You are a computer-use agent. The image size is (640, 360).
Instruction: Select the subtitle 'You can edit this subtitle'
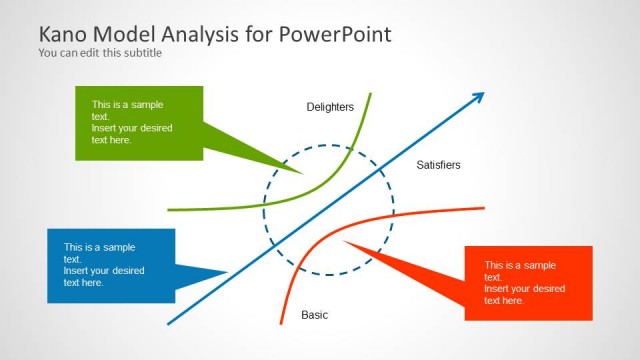pyautogui.click(x=100, y=53)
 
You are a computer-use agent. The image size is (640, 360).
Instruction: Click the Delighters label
pyautogui.click(x=330, y=107)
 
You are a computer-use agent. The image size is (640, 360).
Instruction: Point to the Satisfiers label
pyautogui.click(x=438, y=165)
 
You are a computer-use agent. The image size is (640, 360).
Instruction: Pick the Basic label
pyautogui.click(x=314, y=315)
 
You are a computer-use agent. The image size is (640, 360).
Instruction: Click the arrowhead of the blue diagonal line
pyautogui.click(x=481, y=96)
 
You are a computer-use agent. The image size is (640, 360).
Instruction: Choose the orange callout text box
pyautogui.click(x=528, y=282)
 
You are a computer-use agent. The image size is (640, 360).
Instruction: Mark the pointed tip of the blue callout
pyautogui.click(x=229, y=271)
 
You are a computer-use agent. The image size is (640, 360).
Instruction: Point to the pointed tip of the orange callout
pyautogui.click(x=343, y=241)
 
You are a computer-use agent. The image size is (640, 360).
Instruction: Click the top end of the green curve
pyautogui.click(x=370, y=94)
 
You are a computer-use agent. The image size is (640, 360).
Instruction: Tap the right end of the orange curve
pyautogui.click(x=484, y=208)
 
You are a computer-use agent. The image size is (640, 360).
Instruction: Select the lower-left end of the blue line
pyautogui.click(x=168, y=324)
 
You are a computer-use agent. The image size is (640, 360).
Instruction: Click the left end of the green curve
pyautogui.click(x=168, y=210)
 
